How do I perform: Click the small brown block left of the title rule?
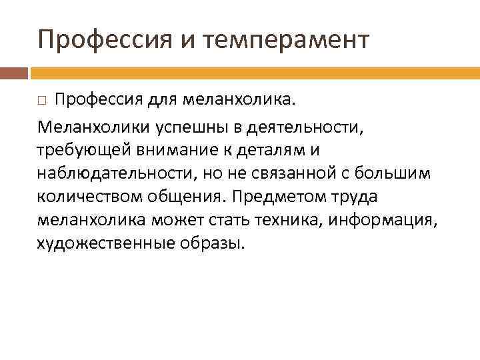point(14,73)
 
